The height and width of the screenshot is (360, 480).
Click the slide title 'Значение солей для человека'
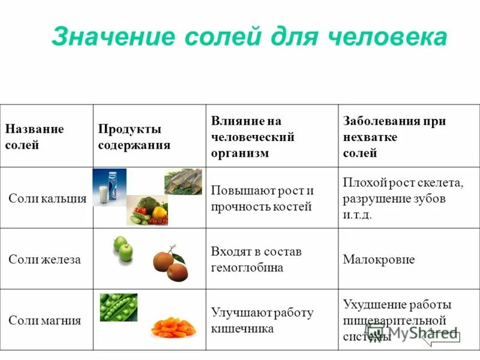(249, 37)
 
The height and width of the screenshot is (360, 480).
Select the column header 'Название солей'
(34, 137)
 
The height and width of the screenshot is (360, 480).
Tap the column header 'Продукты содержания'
(134, 137)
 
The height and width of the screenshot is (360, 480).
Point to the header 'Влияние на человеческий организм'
(253, 137)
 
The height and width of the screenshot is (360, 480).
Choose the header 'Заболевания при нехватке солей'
(394, 137)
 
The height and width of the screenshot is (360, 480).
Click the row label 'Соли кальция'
(47, 199)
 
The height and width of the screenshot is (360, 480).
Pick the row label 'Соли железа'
(44, 259)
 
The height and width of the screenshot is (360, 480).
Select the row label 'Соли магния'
(44, 320)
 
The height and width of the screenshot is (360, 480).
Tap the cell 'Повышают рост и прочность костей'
(262, 199)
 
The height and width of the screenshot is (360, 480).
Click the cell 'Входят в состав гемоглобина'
(256, 259)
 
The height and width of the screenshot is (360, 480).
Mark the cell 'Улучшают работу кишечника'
(262, 320)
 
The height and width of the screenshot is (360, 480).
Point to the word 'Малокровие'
(379, 260)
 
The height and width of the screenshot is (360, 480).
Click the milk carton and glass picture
(109, 187)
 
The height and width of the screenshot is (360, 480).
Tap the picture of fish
(183, 181)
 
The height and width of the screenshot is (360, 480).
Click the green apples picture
(122, 248)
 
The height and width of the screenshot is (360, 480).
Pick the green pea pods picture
(118, 307)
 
